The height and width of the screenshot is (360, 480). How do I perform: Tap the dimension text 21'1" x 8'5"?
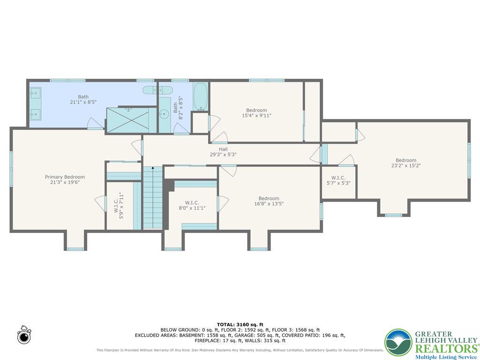pos(83,102)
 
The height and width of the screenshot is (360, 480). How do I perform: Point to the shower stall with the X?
pos(129,120)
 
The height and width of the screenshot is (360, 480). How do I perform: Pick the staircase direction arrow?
pos(152,168)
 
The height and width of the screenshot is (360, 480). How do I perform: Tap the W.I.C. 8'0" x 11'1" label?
pos(192,205)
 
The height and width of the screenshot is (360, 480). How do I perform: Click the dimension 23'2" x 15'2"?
pos(406,165)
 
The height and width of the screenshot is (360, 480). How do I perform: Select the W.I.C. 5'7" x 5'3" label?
pos(338,180)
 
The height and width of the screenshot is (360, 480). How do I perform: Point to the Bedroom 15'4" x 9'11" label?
pos(256,112)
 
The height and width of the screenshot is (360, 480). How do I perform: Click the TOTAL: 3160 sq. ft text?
pos(240,324)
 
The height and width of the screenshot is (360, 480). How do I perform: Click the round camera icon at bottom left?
pos(23,336)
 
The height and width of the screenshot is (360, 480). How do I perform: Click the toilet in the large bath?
pos(151,90)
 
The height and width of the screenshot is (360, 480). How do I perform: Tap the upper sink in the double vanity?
pos(36,93)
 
